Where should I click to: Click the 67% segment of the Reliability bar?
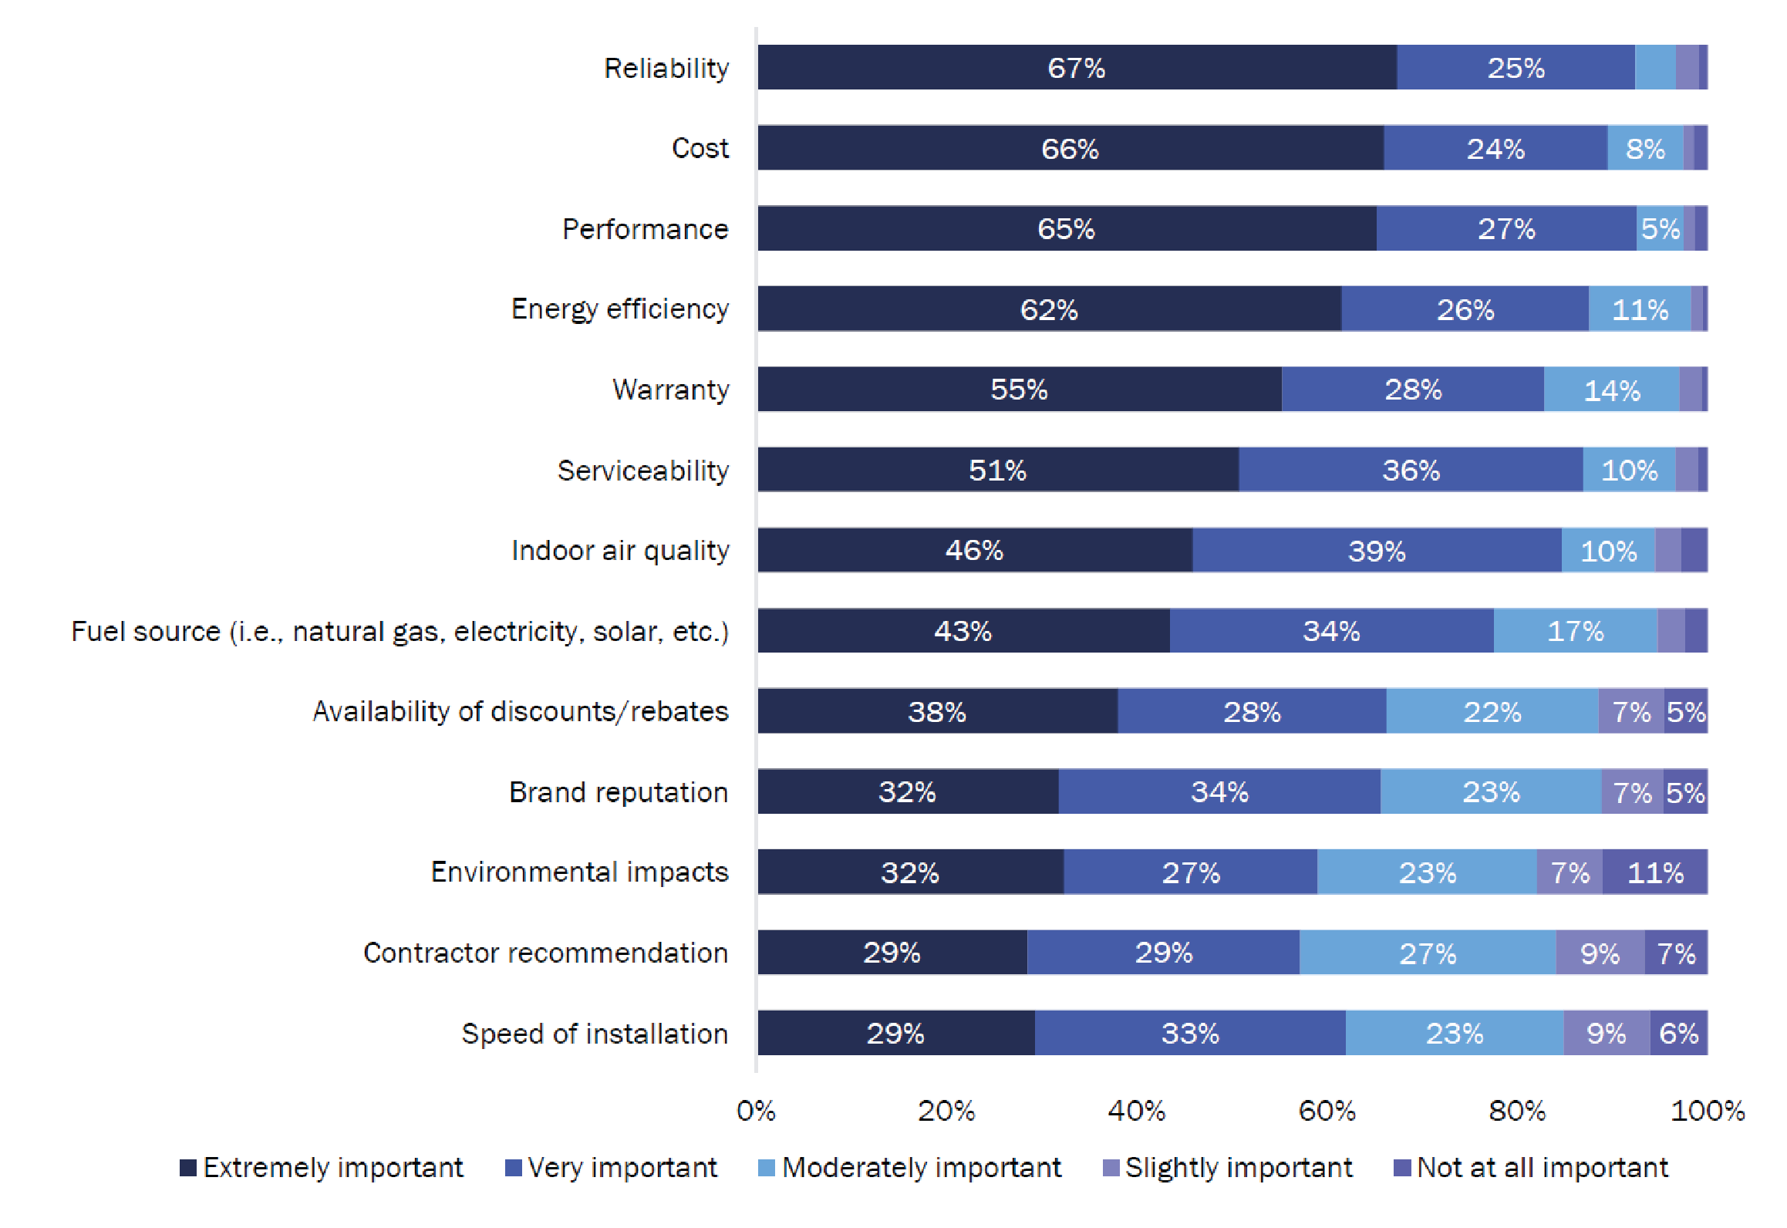1077,68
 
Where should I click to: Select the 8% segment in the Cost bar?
1645,148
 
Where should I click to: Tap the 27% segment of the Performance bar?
1505,229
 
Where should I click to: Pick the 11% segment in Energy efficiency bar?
1640,309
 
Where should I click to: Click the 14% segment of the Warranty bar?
1611,390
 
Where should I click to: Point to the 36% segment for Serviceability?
1411,470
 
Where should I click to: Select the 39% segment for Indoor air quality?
1377,551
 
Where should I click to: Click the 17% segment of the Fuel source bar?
1575,631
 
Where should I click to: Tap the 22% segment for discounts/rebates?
1492,711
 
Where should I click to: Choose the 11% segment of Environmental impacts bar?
1655,872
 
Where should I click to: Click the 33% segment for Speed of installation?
1190,1033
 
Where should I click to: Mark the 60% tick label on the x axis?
1327,1111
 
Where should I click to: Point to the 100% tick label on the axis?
1707,1111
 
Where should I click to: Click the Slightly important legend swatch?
1111,1168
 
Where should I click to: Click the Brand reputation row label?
619,792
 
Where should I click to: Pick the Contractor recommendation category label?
545,953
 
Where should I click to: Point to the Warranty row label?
670,390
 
